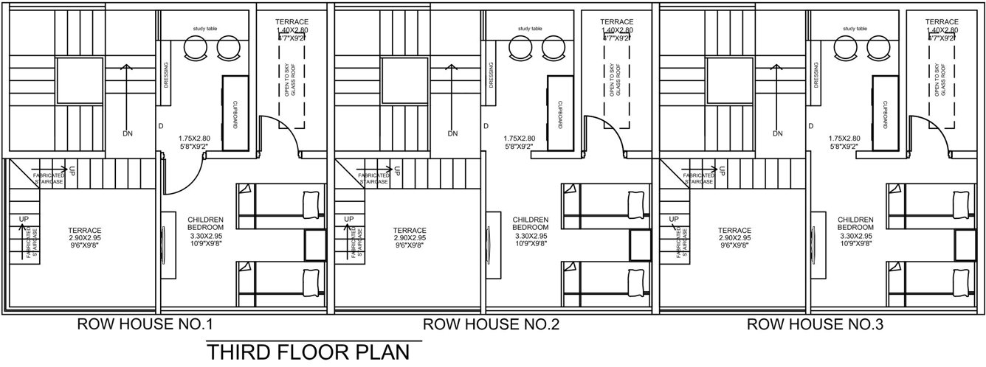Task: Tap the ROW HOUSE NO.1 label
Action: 145,324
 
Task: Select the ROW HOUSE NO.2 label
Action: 490,324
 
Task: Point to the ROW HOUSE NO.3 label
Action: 815,324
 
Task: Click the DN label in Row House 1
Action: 128,133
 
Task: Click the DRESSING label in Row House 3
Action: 817,74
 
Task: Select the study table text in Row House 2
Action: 530,29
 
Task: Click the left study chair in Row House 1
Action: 196,49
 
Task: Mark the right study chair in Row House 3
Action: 878,49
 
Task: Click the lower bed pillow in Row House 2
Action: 634,282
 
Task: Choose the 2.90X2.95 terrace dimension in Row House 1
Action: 86,238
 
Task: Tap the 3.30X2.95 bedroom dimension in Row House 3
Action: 855,236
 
